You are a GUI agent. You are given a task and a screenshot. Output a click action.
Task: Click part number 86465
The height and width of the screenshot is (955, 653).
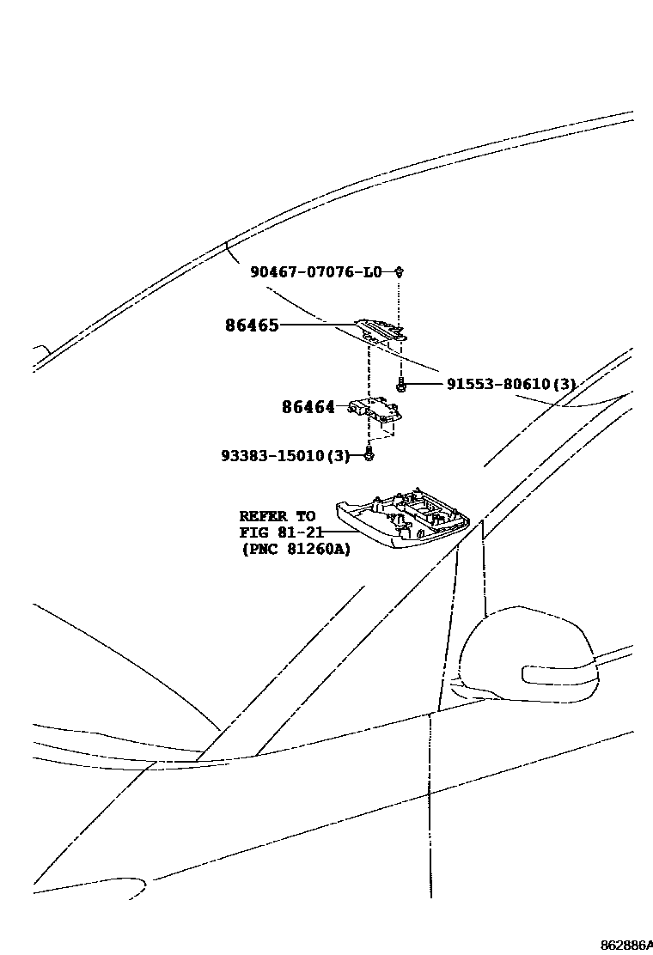point(252,325)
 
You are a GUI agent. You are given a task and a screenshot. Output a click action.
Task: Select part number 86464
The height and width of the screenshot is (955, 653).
point(308,407)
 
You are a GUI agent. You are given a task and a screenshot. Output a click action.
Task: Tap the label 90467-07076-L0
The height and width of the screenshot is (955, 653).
point(316,272)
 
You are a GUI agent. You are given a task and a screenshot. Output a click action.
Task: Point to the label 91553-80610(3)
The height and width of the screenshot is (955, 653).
point(510,384)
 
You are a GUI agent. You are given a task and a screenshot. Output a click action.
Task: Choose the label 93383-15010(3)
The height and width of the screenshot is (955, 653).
point(285,456)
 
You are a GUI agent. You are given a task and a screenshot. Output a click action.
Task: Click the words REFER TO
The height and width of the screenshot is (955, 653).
point(277,516)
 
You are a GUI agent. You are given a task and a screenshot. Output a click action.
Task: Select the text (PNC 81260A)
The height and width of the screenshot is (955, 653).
point(296,550)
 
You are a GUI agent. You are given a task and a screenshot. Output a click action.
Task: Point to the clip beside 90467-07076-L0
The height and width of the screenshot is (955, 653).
point(400,272)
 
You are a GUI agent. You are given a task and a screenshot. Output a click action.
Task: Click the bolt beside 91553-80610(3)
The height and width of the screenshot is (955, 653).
point(400,386)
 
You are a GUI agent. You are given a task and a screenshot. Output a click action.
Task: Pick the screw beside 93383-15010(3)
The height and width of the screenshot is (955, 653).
point(369,454)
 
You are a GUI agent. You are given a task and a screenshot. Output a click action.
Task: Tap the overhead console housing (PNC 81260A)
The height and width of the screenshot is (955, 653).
point(404,520)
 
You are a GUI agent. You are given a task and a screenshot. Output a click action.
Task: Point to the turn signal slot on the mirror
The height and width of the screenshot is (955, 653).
point(558,672)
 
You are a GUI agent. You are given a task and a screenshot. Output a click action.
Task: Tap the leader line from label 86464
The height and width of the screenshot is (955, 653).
point(343,406)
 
